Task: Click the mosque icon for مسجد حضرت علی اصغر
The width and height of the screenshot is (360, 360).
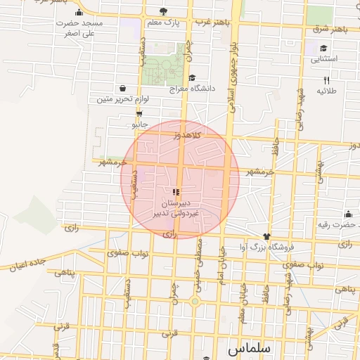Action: point(78,13)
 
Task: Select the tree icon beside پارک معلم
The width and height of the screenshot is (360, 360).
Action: point(164,11)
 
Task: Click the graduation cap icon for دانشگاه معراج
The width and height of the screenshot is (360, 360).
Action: point(193,78)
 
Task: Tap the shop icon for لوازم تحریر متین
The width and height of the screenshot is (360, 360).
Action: point(124,89)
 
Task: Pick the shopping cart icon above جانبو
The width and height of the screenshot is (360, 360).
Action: point(139,113)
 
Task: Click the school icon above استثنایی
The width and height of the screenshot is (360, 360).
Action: point(323,49)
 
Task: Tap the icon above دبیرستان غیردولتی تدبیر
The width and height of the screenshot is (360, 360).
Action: point(176,191)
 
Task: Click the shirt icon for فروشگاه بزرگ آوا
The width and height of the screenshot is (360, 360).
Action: point(266,236)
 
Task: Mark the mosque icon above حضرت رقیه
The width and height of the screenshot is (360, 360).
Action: point(348,214)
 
